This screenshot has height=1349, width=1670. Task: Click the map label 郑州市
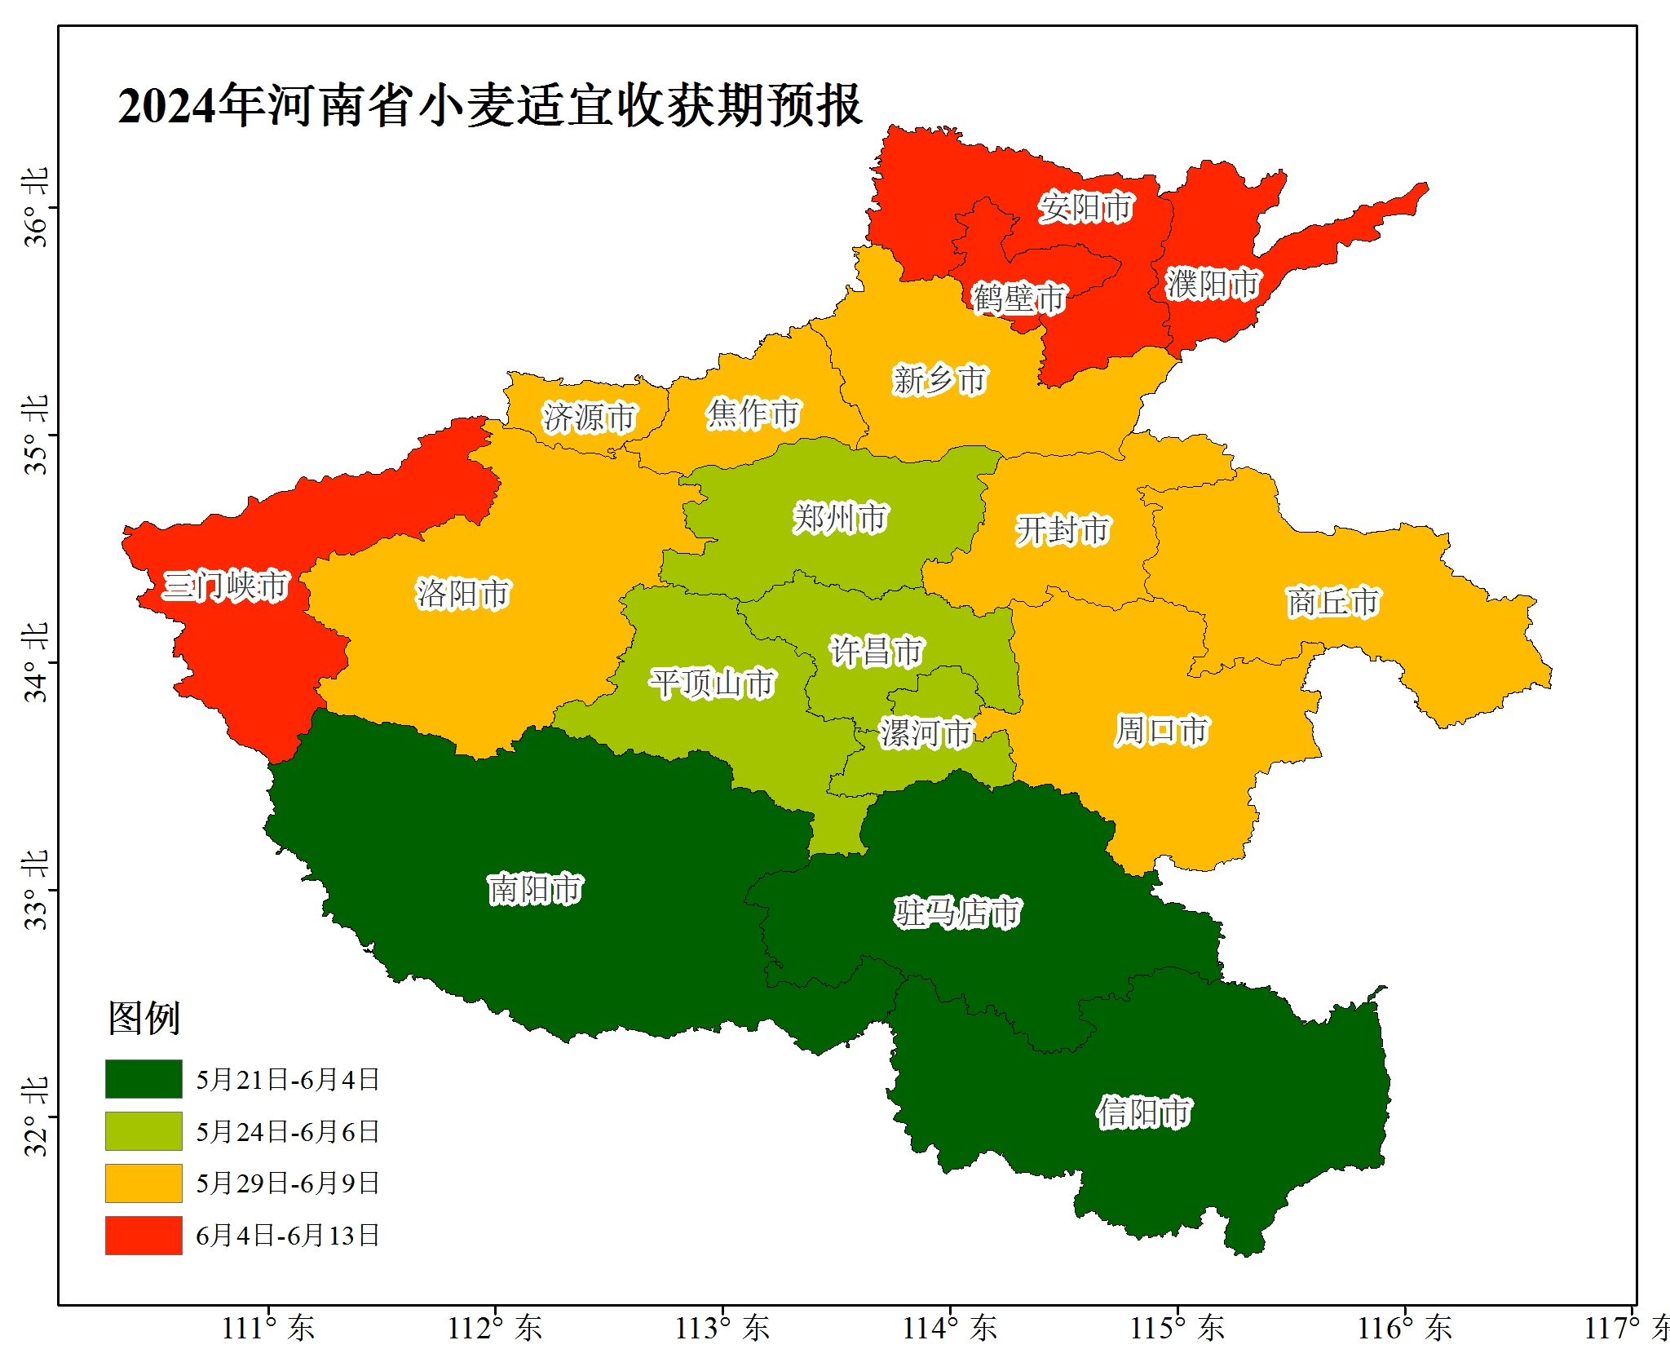840,519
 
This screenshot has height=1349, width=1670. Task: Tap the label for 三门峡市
226,586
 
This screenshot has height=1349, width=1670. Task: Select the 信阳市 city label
1143,1112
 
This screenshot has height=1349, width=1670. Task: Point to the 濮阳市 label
1213,284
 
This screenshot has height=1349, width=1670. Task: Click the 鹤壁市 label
1018,299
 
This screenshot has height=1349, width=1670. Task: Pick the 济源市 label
589,418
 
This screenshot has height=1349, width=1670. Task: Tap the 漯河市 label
926,733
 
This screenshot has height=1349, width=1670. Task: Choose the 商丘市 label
1333,602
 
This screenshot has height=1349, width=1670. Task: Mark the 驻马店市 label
957,913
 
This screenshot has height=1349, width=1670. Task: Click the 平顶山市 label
712,683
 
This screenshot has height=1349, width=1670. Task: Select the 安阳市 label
1085,207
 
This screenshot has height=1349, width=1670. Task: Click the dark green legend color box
144,1079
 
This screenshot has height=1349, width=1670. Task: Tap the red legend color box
144,1235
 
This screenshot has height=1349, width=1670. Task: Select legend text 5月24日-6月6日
287,1132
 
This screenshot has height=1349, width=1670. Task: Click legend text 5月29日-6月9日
287,1183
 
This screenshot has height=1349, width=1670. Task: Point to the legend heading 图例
144,1018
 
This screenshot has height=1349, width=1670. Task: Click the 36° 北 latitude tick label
36,207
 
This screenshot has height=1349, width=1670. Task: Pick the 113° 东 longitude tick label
722,1328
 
